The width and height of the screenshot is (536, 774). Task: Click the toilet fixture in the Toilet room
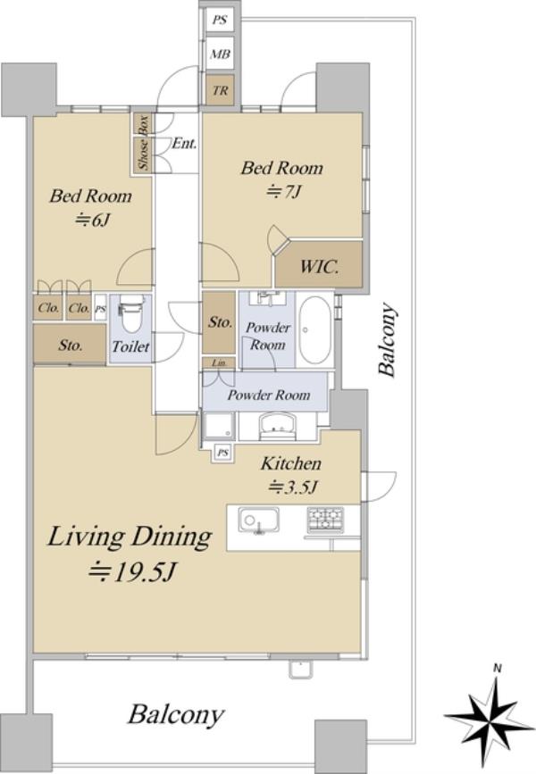(x=131, y=314)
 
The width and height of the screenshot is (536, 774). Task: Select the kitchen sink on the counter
(x=259, y=520)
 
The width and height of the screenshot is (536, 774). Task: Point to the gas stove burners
(x=325, y=520)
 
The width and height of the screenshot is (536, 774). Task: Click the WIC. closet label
(x=319, y=268)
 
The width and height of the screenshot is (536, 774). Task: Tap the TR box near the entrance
(x=221, y=91)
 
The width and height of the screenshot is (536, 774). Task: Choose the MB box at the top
(x=221, y=54)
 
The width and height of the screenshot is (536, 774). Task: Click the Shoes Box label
(x=143, y=143)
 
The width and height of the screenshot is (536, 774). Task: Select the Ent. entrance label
(x=184, y=144)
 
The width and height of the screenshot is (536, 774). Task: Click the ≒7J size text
(x=283, y=192)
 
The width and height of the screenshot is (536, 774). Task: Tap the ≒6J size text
(x=91, y=220)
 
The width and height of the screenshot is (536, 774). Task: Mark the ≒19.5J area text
(x=131, y=572)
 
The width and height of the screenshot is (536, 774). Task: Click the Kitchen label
(x=291, y=463)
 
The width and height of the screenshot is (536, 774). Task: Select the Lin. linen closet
(x=218, y=362)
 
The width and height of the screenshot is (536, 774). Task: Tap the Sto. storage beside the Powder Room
(x=219, y=323)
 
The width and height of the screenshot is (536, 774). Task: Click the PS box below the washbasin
(x=223, y=452)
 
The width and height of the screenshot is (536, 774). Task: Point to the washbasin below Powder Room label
(x=277, y=426)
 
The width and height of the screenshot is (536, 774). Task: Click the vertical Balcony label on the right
(x=386, y=340)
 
